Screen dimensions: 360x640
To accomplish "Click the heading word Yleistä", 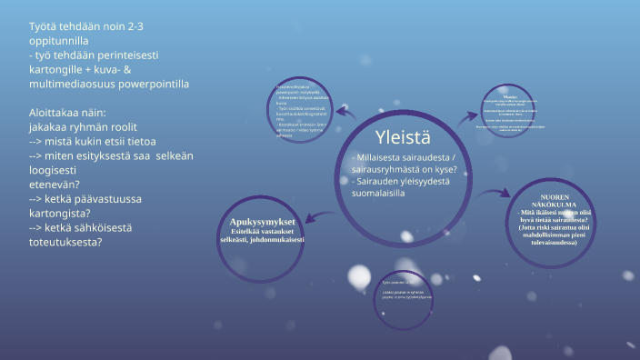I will [403, 137].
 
